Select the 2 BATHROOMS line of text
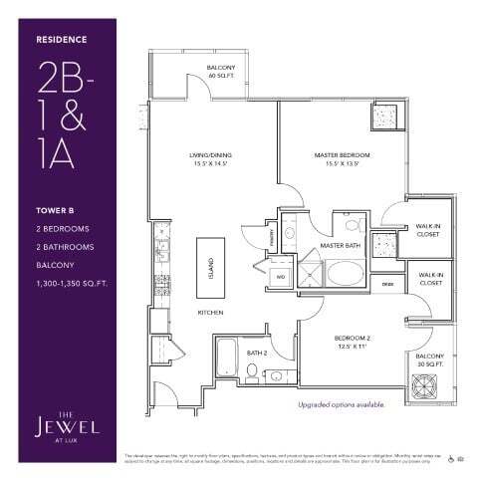pos(64,245)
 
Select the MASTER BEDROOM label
pos(342,158)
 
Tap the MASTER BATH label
pos(339,245)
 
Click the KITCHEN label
pos(209,313)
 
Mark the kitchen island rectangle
pos(210,264)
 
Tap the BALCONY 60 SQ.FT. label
pos(220,72)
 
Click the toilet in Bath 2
pos(252,374)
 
